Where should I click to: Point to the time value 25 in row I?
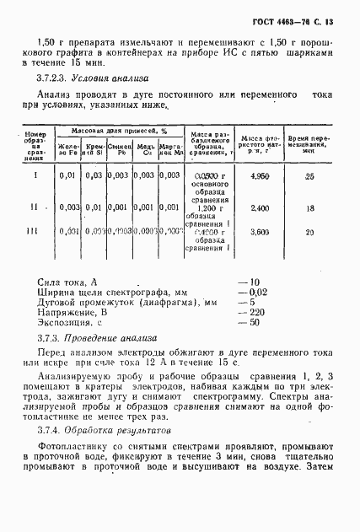tap(309, 176)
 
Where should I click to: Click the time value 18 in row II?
tap(309, 207)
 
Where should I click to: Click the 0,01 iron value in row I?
tap(68, 175)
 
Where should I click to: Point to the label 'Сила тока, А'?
tap(69, 282)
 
